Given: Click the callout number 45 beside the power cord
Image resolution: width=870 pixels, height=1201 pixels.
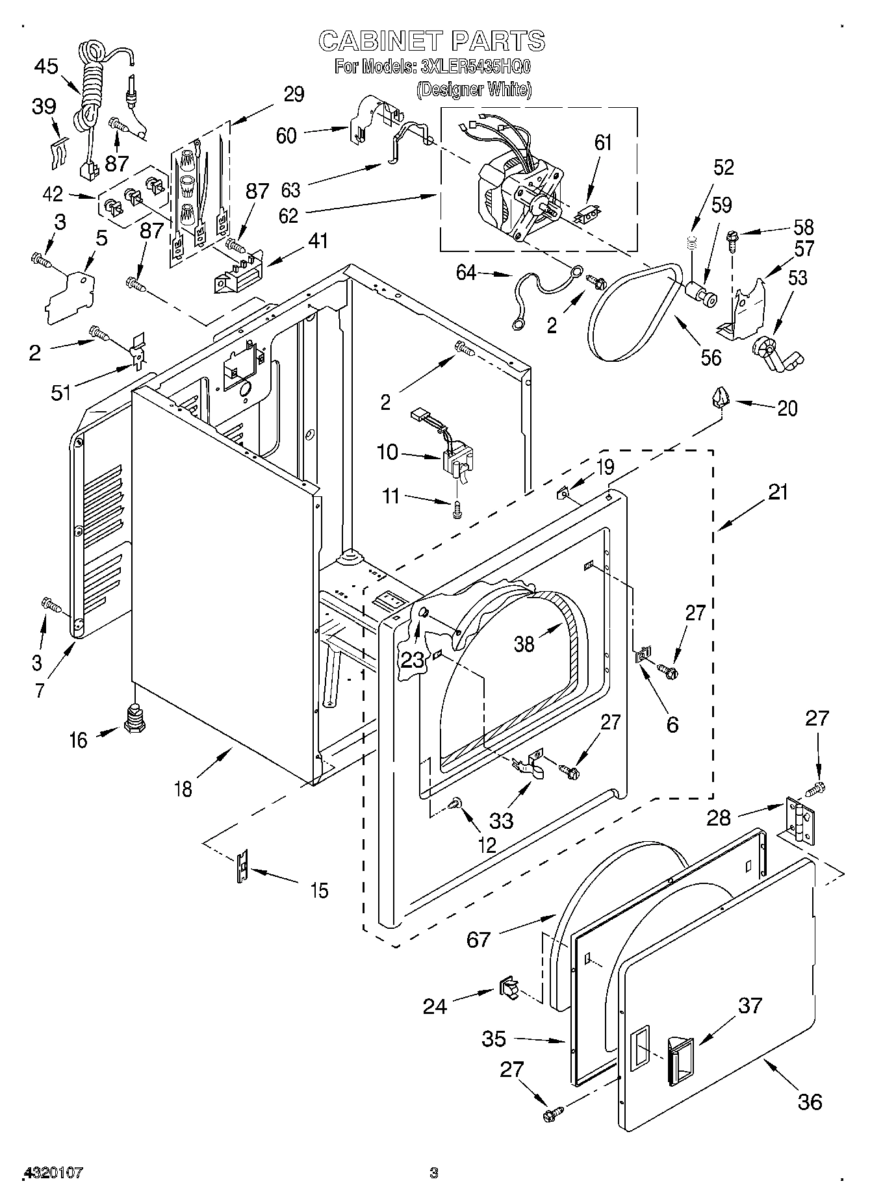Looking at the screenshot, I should (x=46, y=67).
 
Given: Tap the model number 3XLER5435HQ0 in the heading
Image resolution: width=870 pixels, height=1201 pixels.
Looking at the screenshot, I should (x=476, y=66).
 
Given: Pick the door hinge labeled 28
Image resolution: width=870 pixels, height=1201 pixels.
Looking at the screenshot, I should (x=800, y=821).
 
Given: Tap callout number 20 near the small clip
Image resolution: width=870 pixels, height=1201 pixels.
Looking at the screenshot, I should (x=787, y=409).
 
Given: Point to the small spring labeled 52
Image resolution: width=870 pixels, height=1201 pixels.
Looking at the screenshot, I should (x=692, y=244).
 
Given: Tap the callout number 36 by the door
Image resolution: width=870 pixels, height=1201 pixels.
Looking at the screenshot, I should (x=810, y=1102).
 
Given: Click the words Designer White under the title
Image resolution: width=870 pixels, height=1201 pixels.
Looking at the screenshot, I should (x=474, y=89).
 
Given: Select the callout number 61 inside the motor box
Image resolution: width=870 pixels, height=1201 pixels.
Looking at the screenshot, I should (x=603, y=142).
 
